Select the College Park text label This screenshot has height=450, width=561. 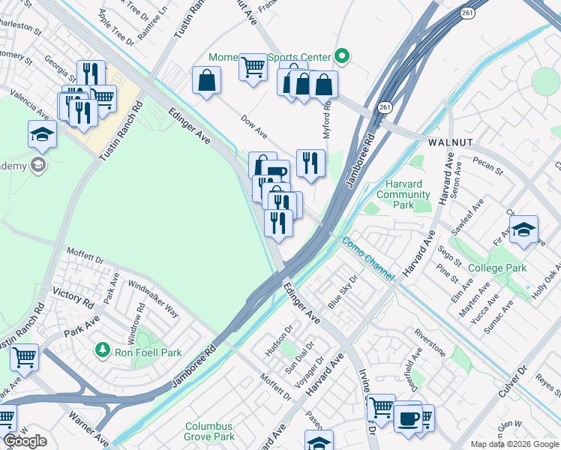point(496,268)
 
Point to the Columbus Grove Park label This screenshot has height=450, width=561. point(210,431)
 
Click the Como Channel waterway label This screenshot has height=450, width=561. point(367,259)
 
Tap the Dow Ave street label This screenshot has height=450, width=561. point(253,125)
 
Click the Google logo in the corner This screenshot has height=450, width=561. point(25,441)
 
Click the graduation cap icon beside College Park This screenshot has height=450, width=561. point(523,229)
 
